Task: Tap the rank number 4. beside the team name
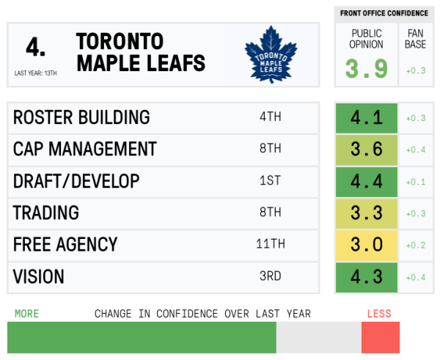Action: (36, 48)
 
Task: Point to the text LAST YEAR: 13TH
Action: (36, 73)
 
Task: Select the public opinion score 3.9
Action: (367, 70)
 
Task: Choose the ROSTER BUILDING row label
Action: (81, 117)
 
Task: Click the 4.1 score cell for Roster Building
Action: (367, 118)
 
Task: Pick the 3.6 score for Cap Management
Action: (367, 150)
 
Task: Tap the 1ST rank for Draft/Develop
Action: (270, 181)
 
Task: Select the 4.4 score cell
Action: (367, 181)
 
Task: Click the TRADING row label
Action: (46, 213)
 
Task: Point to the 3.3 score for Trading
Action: (367, 213)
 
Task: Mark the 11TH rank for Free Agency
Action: (270, 245)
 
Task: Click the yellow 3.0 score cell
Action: (367, 245)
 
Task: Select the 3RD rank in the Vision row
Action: (270, 277)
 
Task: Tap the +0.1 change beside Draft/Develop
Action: (416, 182)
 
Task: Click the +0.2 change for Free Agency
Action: (416, 246)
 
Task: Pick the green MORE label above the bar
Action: (26, 314)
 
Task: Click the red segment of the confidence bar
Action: (380, 337)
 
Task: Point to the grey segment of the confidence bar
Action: (318, 337)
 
